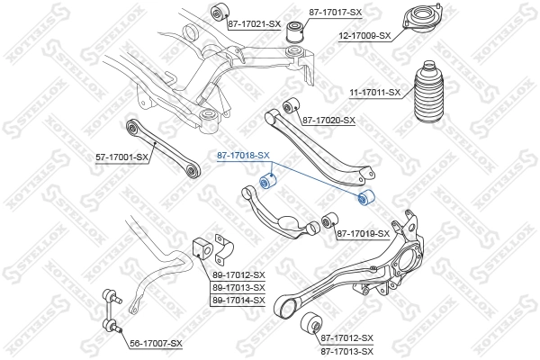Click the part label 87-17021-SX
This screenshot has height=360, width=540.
[254, 24]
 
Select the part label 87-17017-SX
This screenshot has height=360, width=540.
[335, 13]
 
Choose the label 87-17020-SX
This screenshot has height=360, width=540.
[328, 120]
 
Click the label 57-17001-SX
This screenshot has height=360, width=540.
[121, 157]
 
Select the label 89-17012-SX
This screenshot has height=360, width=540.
[238, 274]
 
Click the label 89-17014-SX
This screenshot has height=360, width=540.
[238, 300]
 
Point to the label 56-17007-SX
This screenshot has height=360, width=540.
[156, 344]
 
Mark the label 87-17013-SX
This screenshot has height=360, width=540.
[346, 350]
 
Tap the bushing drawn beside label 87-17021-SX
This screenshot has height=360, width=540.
[217, 12]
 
